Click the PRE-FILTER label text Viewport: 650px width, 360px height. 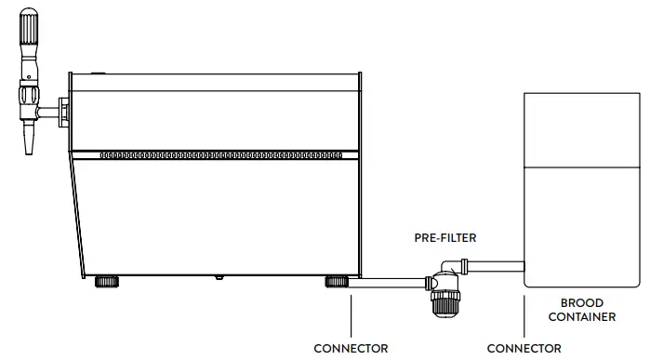click(444, 238)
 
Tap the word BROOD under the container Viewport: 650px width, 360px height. click(581, 303)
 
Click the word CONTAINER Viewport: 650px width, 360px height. click(581, 317)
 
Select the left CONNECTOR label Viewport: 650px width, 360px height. click(350, 349)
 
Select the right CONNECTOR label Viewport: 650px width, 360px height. click(524, 349)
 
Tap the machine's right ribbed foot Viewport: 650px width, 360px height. click(336, 280)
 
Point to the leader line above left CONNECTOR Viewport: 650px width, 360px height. click(351, 316)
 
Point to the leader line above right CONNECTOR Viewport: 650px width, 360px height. click(524, 316)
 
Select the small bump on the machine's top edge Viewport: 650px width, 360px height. click(100, 71)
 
